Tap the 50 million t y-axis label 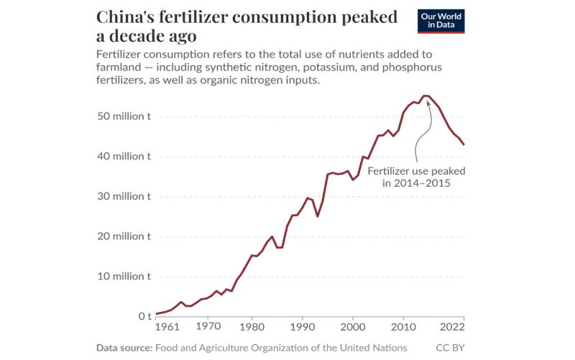(124, 116)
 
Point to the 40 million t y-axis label (124, 157)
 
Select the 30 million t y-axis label (124, 196)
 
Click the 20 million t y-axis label (124, 236)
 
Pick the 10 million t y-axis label (124, 277)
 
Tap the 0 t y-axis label (144, 316)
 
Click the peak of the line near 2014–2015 (425, 96)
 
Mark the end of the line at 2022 (464, 145)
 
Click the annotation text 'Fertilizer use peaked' (416, 172)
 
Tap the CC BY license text (450, 349)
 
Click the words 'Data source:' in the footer (124, 349)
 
